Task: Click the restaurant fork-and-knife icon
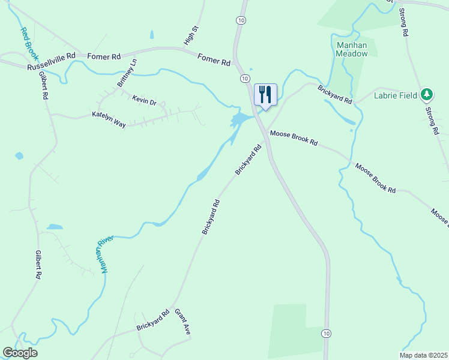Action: point(265,94)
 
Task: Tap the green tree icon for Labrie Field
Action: point(427,94)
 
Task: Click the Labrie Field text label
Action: point(396,94)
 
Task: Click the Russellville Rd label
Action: point(51,62)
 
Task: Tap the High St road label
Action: point(190,36)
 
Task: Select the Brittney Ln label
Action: point(127,73)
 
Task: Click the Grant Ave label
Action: point(182,322)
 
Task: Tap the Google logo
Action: point(20,353)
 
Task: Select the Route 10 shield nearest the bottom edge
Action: point(325,333)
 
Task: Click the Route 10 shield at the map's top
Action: point(241,20)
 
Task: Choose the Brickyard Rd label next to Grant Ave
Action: point(152,320)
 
